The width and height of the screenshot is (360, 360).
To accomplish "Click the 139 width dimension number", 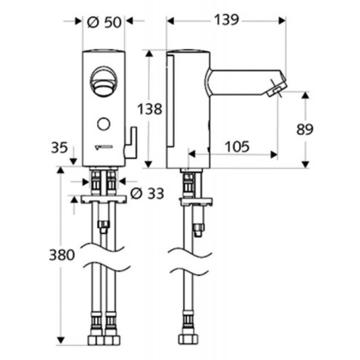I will (226, 20).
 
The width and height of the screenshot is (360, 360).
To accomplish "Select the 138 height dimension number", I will (149, 109).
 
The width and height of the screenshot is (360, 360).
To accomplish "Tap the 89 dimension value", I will (305, 129).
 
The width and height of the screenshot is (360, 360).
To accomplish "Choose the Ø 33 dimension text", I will (146, 193).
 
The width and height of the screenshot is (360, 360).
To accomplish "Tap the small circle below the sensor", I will (103, 123).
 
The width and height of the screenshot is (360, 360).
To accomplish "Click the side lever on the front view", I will (131, 143).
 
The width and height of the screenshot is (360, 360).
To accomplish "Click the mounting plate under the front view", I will (103, 198).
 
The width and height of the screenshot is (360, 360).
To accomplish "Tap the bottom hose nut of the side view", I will (187, 338).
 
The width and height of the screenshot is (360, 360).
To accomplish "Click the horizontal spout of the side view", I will (243, 82).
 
